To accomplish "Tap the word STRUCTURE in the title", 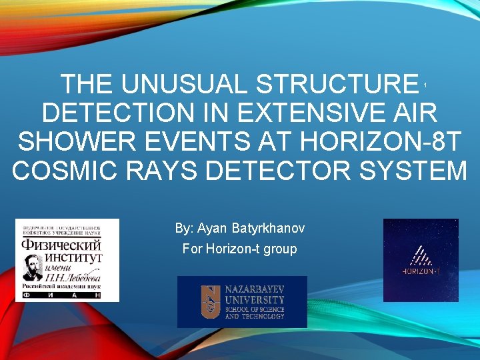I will (336, 85).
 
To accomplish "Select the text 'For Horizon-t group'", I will (239, 249).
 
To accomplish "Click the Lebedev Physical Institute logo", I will (67, 260).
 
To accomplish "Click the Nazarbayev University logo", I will (242, 302).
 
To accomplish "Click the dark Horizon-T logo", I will (421, 260).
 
